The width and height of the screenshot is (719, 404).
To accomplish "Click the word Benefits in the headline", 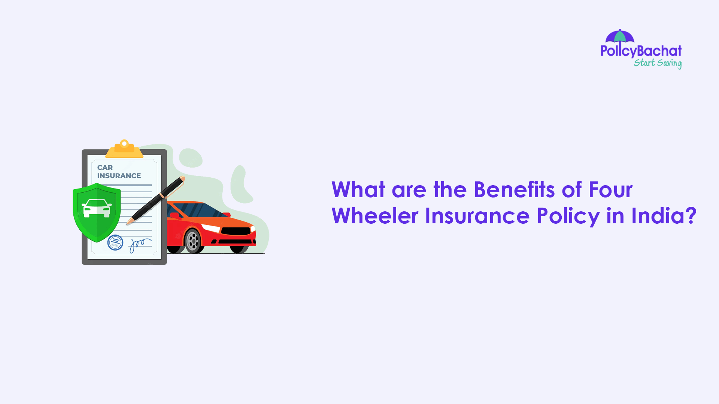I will coord(514,190).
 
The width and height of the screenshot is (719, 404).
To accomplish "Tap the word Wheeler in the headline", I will coord(374,216).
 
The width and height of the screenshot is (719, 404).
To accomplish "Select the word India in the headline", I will coord(659,216).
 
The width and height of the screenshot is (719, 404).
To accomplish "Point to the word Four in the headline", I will coord(610,190).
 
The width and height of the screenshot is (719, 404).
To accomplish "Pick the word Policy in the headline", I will coord(568,217).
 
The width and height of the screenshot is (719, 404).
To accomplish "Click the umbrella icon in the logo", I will coord(620,36).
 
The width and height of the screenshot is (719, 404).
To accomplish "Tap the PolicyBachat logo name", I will coord(641,51).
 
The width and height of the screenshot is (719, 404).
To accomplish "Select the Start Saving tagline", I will coord(658,63).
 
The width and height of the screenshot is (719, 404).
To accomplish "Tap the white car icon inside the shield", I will coord(97,208).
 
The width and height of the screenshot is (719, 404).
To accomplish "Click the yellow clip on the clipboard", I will coord(124,149).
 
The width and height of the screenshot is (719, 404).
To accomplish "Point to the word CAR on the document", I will coord(105,168).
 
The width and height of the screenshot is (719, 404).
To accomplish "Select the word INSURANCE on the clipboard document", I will coord(119,176).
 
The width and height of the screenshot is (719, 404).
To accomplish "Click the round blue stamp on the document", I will coord(115,242).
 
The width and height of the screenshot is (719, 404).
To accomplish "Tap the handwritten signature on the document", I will coord(139,245).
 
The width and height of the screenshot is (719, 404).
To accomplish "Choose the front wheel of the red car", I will coord(193,241).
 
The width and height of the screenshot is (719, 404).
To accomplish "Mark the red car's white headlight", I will coord(211,228).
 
